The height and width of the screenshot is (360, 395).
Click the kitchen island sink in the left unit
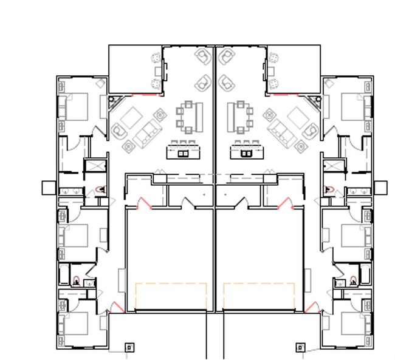tap(183, 154)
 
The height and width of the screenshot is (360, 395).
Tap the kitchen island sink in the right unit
tap(246, 154)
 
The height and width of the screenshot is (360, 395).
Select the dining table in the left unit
tap(189, 115)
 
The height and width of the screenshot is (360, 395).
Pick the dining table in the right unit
tap(240, 115)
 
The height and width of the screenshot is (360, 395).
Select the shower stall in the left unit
tap(95, 167)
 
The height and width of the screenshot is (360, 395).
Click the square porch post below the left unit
tap(129, 347)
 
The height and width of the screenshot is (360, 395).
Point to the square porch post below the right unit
tap(300, 347)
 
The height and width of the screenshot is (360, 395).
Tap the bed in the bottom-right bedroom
tap(352, 325)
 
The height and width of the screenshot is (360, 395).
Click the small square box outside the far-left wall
tap(49, 188)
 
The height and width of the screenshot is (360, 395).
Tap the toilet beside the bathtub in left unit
tap(77, 280)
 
